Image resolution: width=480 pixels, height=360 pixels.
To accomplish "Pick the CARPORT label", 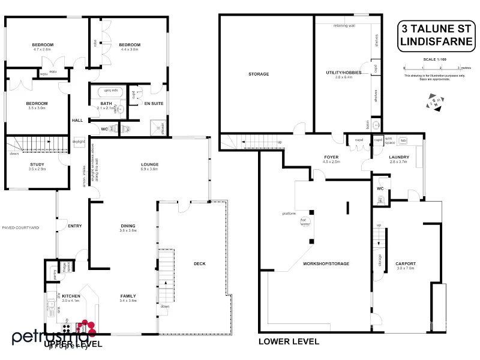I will point(406,263).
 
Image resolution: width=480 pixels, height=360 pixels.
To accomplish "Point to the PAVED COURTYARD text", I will point(20,228).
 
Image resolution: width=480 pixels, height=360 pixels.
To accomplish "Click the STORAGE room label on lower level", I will point(259,74).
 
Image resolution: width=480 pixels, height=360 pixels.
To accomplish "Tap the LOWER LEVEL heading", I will point(288,341).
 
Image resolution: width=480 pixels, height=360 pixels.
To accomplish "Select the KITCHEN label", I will point(71,296).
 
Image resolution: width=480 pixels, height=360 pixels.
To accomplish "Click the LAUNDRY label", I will point(398,157).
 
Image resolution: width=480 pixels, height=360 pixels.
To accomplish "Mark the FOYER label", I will point(331,157).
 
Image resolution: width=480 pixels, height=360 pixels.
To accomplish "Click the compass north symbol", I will point(436,103).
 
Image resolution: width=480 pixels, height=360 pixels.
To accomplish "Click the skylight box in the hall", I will point(79,142).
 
